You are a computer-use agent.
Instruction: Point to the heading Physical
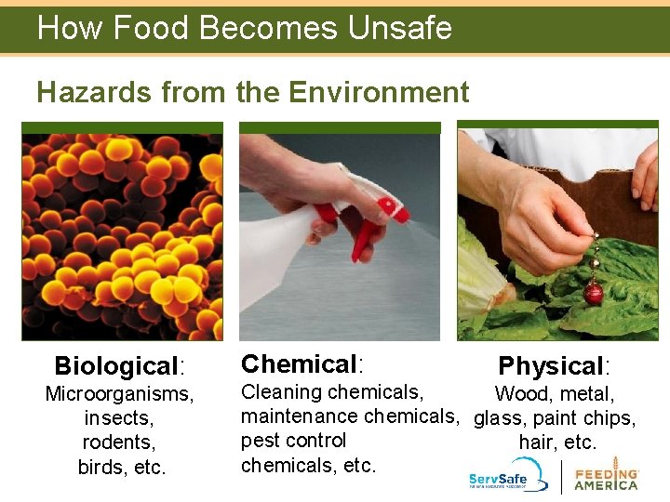tap(550, 365)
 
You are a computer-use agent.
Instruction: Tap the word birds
tap(103, 467)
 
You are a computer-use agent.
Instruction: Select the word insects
tap(120, 419)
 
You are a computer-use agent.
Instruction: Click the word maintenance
tap(299, 416)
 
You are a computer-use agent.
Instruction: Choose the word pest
tap(259, 441)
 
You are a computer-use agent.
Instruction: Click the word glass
tap(499, 418)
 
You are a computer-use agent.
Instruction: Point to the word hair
tap(537, 443)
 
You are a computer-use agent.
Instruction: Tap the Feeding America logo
tap(606, 474)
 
